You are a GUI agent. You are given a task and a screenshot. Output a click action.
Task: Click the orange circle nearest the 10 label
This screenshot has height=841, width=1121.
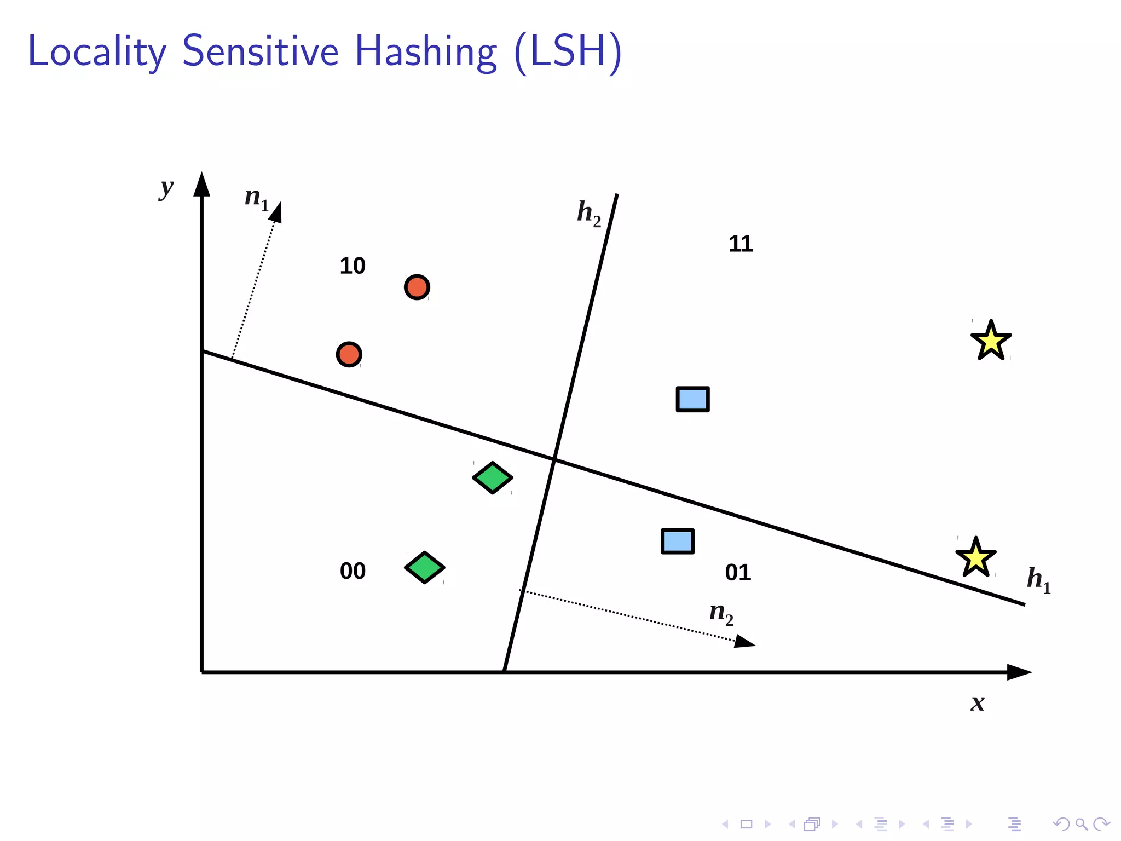pos(417,287)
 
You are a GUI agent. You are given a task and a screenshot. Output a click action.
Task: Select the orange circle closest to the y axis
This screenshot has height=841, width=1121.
pos(349,355)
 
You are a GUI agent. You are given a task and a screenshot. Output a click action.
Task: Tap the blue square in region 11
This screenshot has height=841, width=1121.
pos(692,399)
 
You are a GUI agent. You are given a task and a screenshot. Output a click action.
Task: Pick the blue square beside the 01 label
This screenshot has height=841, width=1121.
pos(678,542)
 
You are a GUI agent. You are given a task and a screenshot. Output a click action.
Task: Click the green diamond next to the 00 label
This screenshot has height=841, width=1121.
pos(425,567)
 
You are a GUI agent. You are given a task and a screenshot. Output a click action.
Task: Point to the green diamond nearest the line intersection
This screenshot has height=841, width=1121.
pos(493,478)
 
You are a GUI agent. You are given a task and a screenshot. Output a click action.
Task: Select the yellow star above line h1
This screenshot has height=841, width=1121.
pos(991,341)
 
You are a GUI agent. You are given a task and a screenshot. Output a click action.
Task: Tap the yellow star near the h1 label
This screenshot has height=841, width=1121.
pos(976,558)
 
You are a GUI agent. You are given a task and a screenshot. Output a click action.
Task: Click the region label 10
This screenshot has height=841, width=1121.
pos(352,266)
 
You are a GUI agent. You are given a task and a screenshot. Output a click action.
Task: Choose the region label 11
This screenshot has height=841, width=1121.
pos(741,244)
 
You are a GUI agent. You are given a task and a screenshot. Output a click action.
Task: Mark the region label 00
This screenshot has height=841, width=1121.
pos(353,571)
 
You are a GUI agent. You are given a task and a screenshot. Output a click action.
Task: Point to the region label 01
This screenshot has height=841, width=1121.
pos(738,573)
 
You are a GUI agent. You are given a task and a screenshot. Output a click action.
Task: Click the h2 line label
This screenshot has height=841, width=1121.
pos(588,212)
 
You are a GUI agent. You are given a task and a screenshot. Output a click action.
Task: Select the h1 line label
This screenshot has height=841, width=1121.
pos(1038,580)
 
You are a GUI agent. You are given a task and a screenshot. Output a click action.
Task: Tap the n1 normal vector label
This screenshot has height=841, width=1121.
pos(256,197)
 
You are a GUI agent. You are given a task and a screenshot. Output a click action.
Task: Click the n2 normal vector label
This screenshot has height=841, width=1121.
pos(721,613)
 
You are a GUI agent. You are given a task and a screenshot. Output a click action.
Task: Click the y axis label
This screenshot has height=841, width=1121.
pos(166,189)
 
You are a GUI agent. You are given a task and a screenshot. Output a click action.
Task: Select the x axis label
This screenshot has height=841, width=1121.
pos(978,702)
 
